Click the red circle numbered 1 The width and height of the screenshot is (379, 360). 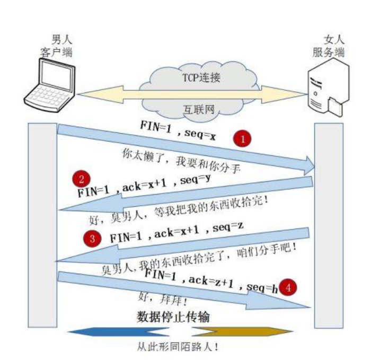point(243,139)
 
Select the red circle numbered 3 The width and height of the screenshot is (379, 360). point(93,239)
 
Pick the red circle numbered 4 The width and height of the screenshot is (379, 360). point(288,287)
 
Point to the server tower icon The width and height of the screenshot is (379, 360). point(327,87)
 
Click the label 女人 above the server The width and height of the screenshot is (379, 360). point(334,40)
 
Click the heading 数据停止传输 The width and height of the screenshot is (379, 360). point(170,317)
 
